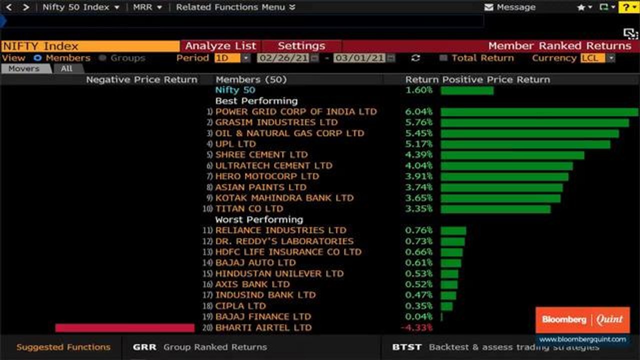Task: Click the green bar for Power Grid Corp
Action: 539,112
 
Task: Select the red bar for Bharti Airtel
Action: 124,328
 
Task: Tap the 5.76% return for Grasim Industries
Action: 418,122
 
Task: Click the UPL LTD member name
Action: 235,144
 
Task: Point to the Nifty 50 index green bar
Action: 467,90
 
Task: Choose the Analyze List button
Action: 220,46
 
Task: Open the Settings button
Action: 301,46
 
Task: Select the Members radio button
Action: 37,58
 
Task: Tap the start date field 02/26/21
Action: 283,58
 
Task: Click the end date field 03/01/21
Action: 360,58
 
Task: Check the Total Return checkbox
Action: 443,58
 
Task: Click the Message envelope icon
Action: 489,7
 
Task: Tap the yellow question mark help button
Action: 629,7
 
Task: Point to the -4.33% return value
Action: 416,328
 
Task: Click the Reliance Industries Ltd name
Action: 280,230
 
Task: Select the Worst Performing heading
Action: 259,219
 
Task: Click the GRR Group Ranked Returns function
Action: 200,347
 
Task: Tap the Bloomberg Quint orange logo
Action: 582,320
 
